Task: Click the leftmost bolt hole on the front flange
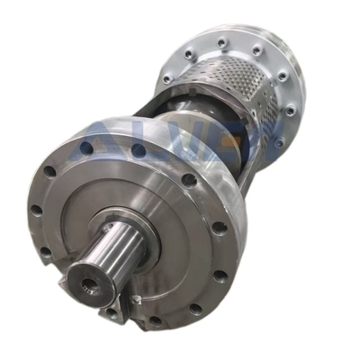click(x=36, y=210)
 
